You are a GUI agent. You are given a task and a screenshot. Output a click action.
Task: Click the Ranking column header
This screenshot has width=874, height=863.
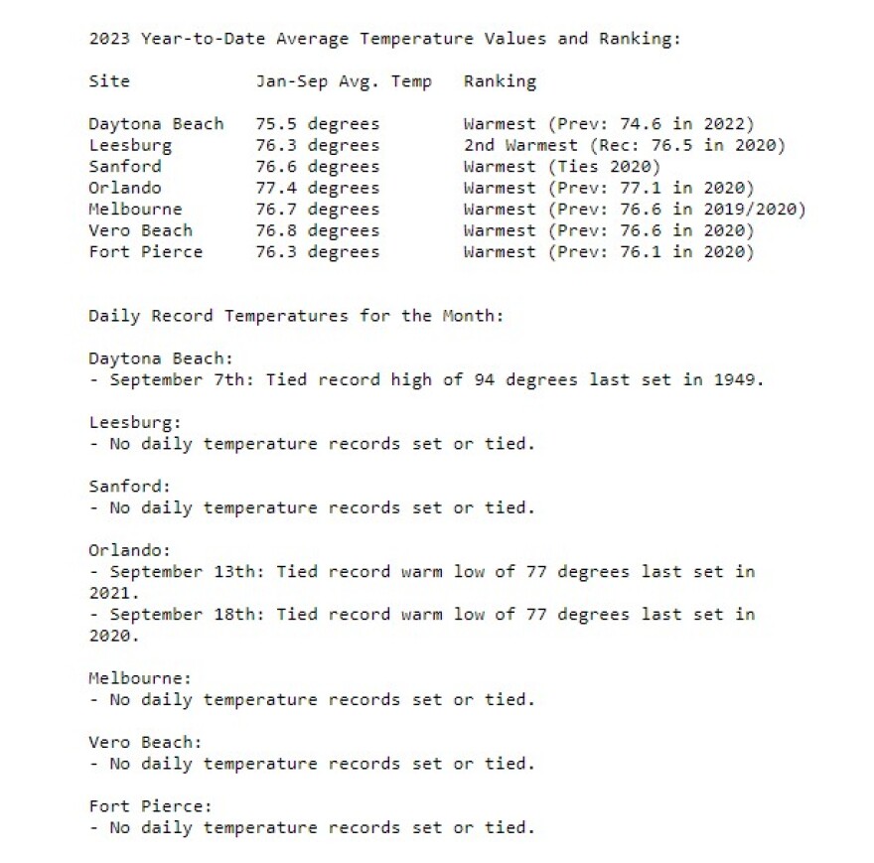tap(500, 81)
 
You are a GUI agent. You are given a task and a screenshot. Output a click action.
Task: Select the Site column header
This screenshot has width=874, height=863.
tap(108, 81)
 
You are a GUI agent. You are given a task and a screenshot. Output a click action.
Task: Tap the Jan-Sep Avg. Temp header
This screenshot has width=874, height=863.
tap(344, 81)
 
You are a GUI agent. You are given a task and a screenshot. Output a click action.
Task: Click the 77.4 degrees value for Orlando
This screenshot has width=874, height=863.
tap(317, 188)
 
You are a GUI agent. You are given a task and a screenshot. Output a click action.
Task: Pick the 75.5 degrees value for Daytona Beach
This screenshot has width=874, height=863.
tap(317, 124)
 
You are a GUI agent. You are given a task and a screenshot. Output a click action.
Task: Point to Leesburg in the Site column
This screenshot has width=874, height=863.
tap(129, 145)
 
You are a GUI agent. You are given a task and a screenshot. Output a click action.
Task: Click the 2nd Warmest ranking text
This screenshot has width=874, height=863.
tap(520, 145)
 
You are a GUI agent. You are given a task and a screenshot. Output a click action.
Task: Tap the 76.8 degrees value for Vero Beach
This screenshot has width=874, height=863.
tap(317, 230)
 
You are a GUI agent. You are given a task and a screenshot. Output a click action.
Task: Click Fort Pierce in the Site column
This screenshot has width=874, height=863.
tap(145, 252)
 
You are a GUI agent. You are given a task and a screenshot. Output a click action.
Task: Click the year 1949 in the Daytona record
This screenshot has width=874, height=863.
tap(738, 380)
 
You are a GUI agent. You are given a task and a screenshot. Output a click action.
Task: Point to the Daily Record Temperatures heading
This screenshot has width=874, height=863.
tap(296, 316)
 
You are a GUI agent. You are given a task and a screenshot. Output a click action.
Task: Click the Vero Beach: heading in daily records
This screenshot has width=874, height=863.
tap(145, 742)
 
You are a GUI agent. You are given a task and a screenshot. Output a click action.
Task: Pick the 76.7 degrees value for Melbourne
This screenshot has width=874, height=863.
tap(317, 210)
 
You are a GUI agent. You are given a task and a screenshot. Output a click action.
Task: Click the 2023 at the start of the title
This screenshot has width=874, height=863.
tap(108, 39)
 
